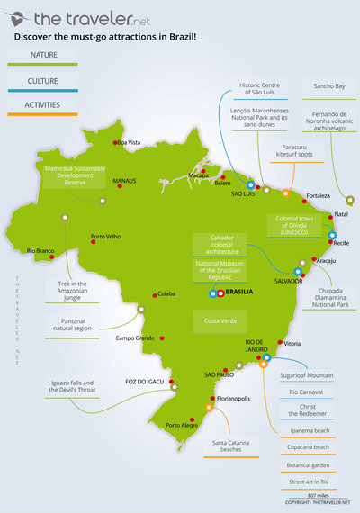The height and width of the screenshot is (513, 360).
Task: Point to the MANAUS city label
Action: [124, 181]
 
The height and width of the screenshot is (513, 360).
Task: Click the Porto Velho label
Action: [105, 238]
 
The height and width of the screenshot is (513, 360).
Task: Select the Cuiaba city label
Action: [166, 293]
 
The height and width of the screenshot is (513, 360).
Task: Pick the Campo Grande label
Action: [136, 338]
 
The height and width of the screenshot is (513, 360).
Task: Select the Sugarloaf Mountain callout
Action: [305, 374]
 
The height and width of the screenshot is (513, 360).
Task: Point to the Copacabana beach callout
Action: [309, 446]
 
